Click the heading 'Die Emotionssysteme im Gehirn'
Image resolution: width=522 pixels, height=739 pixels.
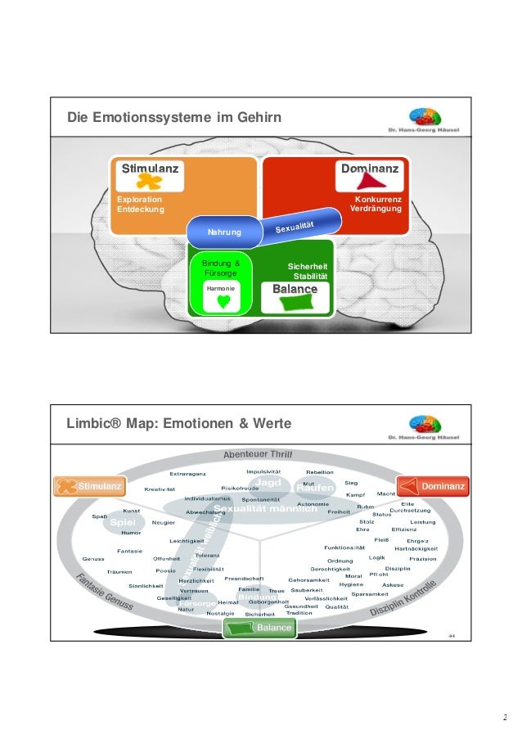(x=174, y=119)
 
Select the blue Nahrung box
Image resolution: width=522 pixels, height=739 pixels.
(x=223, y=233)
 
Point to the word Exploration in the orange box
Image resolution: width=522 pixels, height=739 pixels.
(x=139, y=199)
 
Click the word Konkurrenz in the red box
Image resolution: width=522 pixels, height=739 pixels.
(x=377, y=199)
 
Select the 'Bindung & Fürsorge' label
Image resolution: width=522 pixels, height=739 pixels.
(x=221, y=268)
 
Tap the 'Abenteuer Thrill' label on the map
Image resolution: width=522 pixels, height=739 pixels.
(x=259, y=455)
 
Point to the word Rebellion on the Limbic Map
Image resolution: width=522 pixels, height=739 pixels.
(x=319, y=472)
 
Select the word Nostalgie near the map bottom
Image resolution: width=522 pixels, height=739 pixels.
(x=221, y=613)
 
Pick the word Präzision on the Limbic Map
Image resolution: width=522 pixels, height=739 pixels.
(x=423, y=559)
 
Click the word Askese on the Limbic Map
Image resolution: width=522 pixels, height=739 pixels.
(x=393, y=585)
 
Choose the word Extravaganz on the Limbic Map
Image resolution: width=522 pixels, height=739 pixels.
(x=187, y=474)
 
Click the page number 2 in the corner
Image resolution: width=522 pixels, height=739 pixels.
(x=505, y=718)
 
